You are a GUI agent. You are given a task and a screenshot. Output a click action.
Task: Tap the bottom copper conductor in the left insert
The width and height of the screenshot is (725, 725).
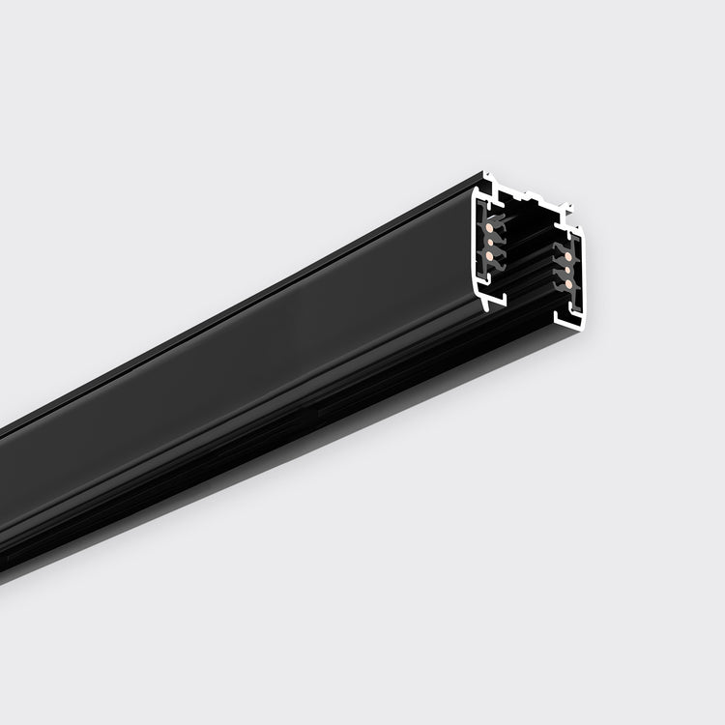(x=490, y=255)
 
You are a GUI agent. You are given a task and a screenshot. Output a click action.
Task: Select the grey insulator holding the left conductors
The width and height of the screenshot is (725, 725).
(x=497, y=242)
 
